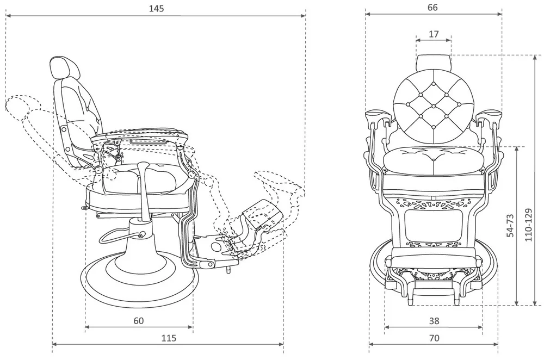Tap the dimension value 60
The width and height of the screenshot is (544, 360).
coord(138,321)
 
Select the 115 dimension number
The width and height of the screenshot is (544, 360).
coord(169,338)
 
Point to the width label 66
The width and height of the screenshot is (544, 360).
coord(432,8)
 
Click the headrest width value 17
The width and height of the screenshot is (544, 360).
coord(433,34)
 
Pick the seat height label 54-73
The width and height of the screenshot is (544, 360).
coord(510,225)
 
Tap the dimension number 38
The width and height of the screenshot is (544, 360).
coord(433,321)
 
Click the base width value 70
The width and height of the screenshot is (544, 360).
coord(433,338)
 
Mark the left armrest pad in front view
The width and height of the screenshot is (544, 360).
coord(376,115)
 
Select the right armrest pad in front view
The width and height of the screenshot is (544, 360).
coord(490,115)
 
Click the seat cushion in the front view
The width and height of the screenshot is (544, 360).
coord(433,159)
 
